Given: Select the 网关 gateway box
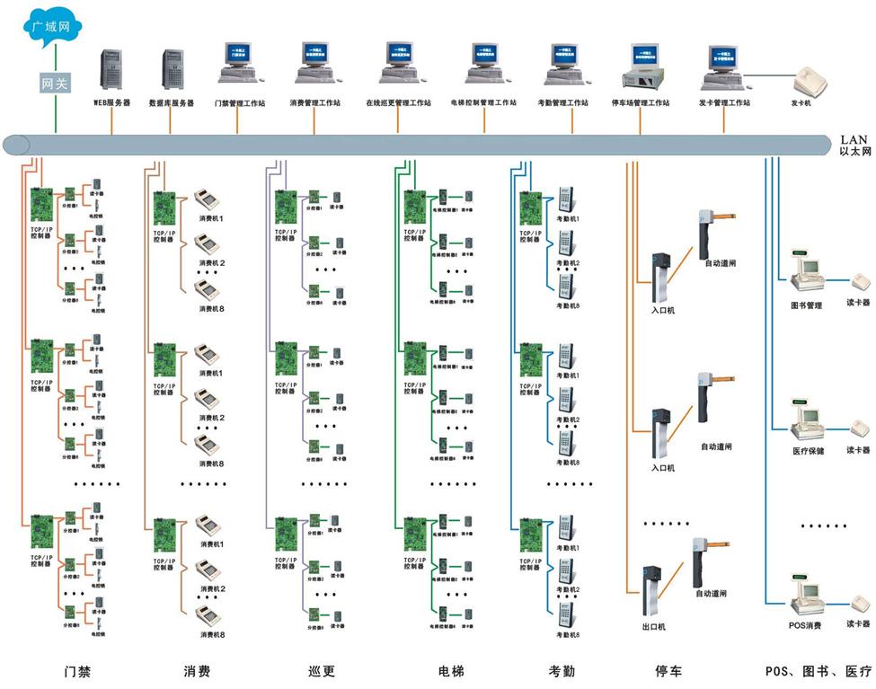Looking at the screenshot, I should [x=56, y=83].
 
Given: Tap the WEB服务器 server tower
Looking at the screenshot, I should [x=112, y=68].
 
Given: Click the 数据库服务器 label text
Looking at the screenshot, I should [x=171, y=103].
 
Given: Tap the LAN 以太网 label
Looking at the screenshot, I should [x=854, y=146].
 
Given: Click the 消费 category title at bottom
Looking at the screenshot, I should [x=197, y=671].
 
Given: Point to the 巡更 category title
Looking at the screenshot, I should [x=322, y=671].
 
